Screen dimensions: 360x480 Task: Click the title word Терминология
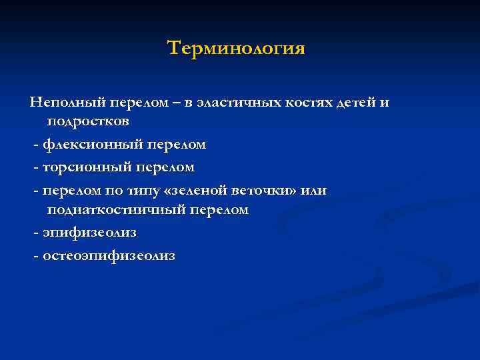[236, 49]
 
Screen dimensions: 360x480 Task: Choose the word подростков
[88, 122]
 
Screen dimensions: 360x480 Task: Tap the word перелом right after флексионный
[175, 144]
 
